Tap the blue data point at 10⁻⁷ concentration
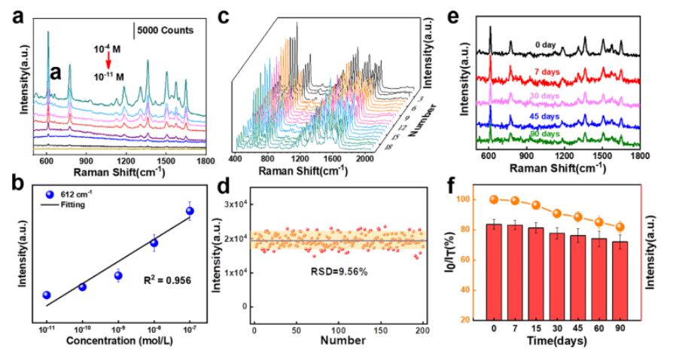click(x=190, y=212)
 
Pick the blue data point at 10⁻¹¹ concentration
click(x=47, y=295)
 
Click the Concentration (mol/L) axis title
click(x=117, y=343)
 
